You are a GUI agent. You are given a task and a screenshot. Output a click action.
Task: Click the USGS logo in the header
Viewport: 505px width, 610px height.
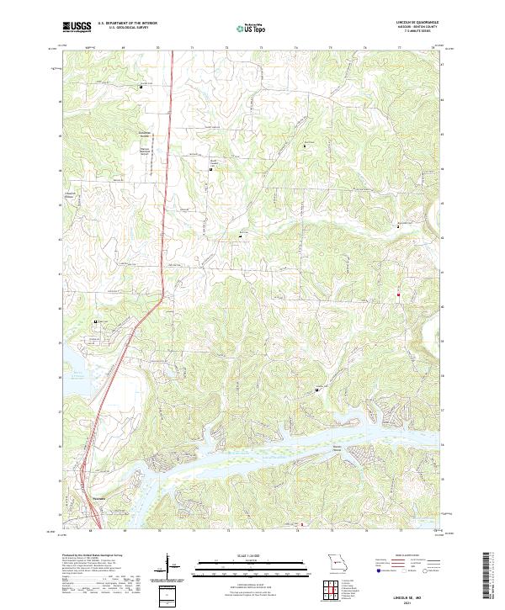76,27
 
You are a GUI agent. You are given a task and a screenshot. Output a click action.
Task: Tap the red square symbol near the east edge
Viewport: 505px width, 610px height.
398,294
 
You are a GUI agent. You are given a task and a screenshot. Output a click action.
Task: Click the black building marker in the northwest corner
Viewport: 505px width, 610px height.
141,87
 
